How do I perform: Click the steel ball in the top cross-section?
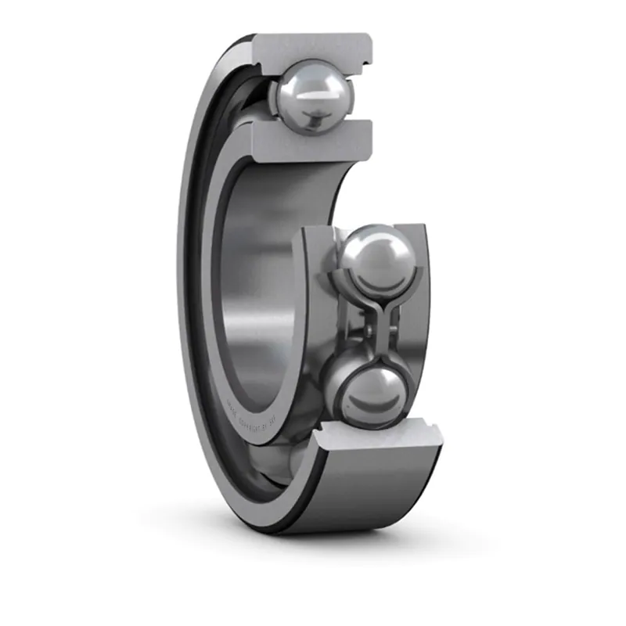pos(311,96)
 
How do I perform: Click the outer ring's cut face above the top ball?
pos(313,46)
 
